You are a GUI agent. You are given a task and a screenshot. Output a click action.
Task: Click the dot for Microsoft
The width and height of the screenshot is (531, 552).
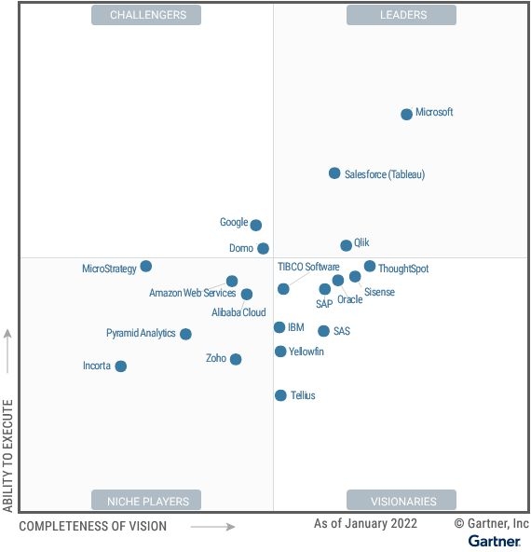pyautogui.click(x=406, y=115)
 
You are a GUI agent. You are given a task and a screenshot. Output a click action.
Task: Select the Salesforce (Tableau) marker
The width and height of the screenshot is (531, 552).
pyautogui.click(x=334, y=173)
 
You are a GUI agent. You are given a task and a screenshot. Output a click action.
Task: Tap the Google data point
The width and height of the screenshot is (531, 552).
pyautogui.click(x=256, y=225)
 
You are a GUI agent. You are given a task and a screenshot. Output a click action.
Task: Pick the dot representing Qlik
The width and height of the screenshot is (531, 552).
pyautogui.click(x=347, y=245)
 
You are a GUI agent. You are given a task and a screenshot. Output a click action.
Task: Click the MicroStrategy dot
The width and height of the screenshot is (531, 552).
pyautogui.click(x=146, y=267)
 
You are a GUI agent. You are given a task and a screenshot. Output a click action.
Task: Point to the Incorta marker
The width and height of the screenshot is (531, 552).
pyautogui.click(x=121, y=366)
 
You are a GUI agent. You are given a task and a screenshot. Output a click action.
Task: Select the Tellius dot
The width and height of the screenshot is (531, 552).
pyautogui.click(x=280, y=395)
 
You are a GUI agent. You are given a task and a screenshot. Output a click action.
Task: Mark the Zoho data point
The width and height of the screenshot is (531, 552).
pyautogui.click(x=236, y=359)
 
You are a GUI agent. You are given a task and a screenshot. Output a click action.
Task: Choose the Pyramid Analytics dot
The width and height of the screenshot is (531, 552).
pyautogui.click(x=185, y=334)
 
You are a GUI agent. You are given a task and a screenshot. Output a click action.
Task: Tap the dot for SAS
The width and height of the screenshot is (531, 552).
pyautogui.click(x=323, y=331)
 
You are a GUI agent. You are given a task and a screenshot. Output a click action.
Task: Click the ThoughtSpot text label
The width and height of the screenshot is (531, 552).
pyautogui.click(x=403, y=269)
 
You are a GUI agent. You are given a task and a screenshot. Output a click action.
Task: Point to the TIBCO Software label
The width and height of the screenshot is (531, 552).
pyautogui.click(x=308, y=267)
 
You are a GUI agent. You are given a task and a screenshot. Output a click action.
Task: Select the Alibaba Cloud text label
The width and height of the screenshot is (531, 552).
pyautogui.click(x=238, y=313)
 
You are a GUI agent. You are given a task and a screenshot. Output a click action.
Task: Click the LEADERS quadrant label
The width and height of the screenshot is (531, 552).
pyautogui.click(x=402, y=15)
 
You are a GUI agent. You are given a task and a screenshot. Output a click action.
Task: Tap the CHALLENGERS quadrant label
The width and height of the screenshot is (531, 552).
pyautogui.click(x=147, y=15)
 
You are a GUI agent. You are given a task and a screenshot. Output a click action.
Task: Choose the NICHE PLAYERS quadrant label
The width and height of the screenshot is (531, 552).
pyautogui.click(x=147, y=501)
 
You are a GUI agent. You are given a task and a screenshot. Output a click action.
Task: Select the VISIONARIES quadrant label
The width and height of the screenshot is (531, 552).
pyautogui.click(x=402, y=501)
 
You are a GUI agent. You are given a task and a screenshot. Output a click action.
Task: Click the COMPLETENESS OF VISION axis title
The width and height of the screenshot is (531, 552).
pyautogui.click(x=93, y=527)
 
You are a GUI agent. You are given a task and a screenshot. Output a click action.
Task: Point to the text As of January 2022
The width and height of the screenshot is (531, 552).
pyautogui.click(x=365, y=524)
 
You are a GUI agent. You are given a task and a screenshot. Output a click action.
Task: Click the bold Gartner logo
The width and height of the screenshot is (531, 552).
pyautogui.click(x=494, y=541)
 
